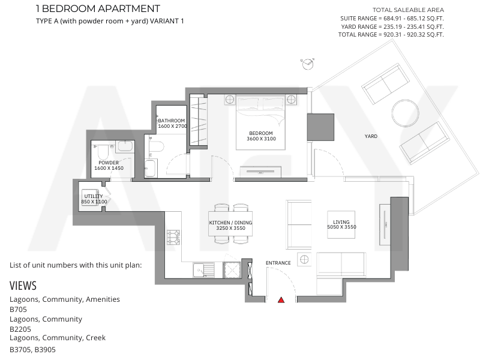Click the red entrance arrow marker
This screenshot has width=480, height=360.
[281, 300]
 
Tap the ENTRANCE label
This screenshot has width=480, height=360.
[278, 263]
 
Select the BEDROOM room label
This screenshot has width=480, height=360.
[261, 133]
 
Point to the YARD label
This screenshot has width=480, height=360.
[371, 136]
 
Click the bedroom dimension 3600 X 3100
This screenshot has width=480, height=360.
[261, 139]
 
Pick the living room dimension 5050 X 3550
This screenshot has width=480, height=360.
[341, 227]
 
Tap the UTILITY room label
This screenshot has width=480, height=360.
[94, 196]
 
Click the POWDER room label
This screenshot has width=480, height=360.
[109, 163]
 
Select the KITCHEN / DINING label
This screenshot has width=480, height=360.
[230, 223]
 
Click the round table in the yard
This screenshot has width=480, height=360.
[406, 113]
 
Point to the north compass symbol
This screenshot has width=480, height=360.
[308, 64]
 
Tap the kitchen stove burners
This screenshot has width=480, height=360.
[173, 238]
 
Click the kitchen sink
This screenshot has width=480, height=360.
[203, 271]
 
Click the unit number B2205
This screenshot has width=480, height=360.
[20, 329]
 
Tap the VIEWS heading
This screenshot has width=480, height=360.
[23, 286]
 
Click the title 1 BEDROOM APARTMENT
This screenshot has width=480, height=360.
[98, 8]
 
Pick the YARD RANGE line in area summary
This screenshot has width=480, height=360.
[392, 26]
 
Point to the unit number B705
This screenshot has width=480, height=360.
[18, 309]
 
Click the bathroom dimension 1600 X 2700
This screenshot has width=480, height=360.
[172, 126]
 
